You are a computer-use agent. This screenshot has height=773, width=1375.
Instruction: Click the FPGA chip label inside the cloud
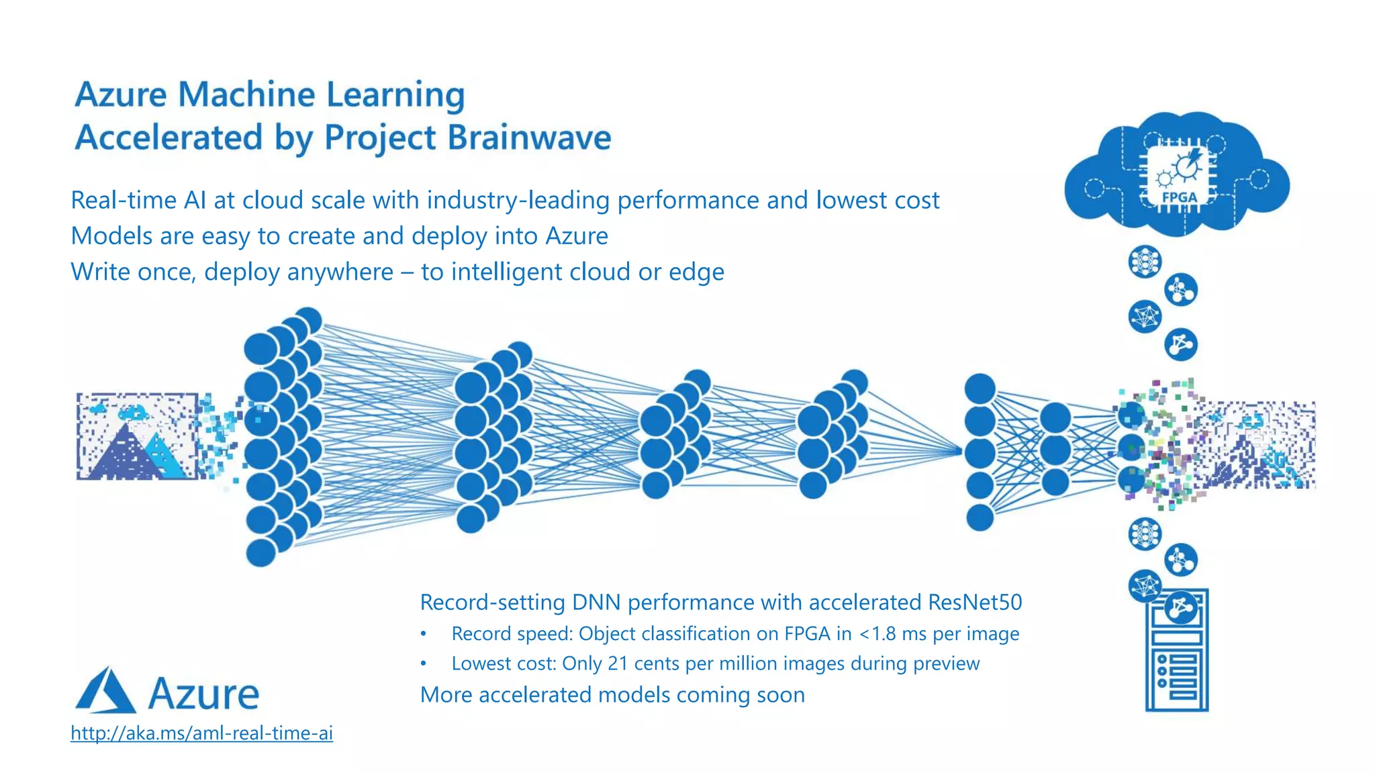pos(1180,197)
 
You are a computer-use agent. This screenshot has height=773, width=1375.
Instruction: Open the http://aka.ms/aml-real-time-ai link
pos(201,733)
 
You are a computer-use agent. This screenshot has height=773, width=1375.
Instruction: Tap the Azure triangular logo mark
pos(105,690)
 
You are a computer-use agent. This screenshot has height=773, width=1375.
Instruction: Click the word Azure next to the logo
pos(203,694)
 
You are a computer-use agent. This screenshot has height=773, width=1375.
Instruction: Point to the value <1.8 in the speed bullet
pos(878,633)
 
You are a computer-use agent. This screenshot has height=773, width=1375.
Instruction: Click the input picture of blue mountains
pos(138,437)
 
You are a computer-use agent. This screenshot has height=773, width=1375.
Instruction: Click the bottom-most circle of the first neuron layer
pos(261,553)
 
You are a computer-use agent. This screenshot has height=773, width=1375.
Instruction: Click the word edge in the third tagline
pos(696,272)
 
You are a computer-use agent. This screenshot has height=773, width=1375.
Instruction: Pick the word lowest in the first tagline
pos(847,200)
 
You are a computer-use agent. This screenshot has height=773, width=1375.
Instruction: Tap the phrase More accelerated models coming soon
pos(612,694)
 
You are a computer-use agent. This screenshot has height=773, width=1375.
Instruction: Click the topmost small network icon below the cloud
pos(1145,262)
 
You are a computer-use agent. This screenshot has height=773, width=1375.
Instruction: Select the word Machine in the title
pos(246,94)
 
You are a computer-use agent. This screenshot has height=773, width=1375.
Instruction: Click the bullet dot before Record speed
pos(424,633)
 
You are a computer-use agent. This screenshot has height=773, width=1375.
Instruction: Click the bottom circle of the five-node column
pos(980,517)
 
